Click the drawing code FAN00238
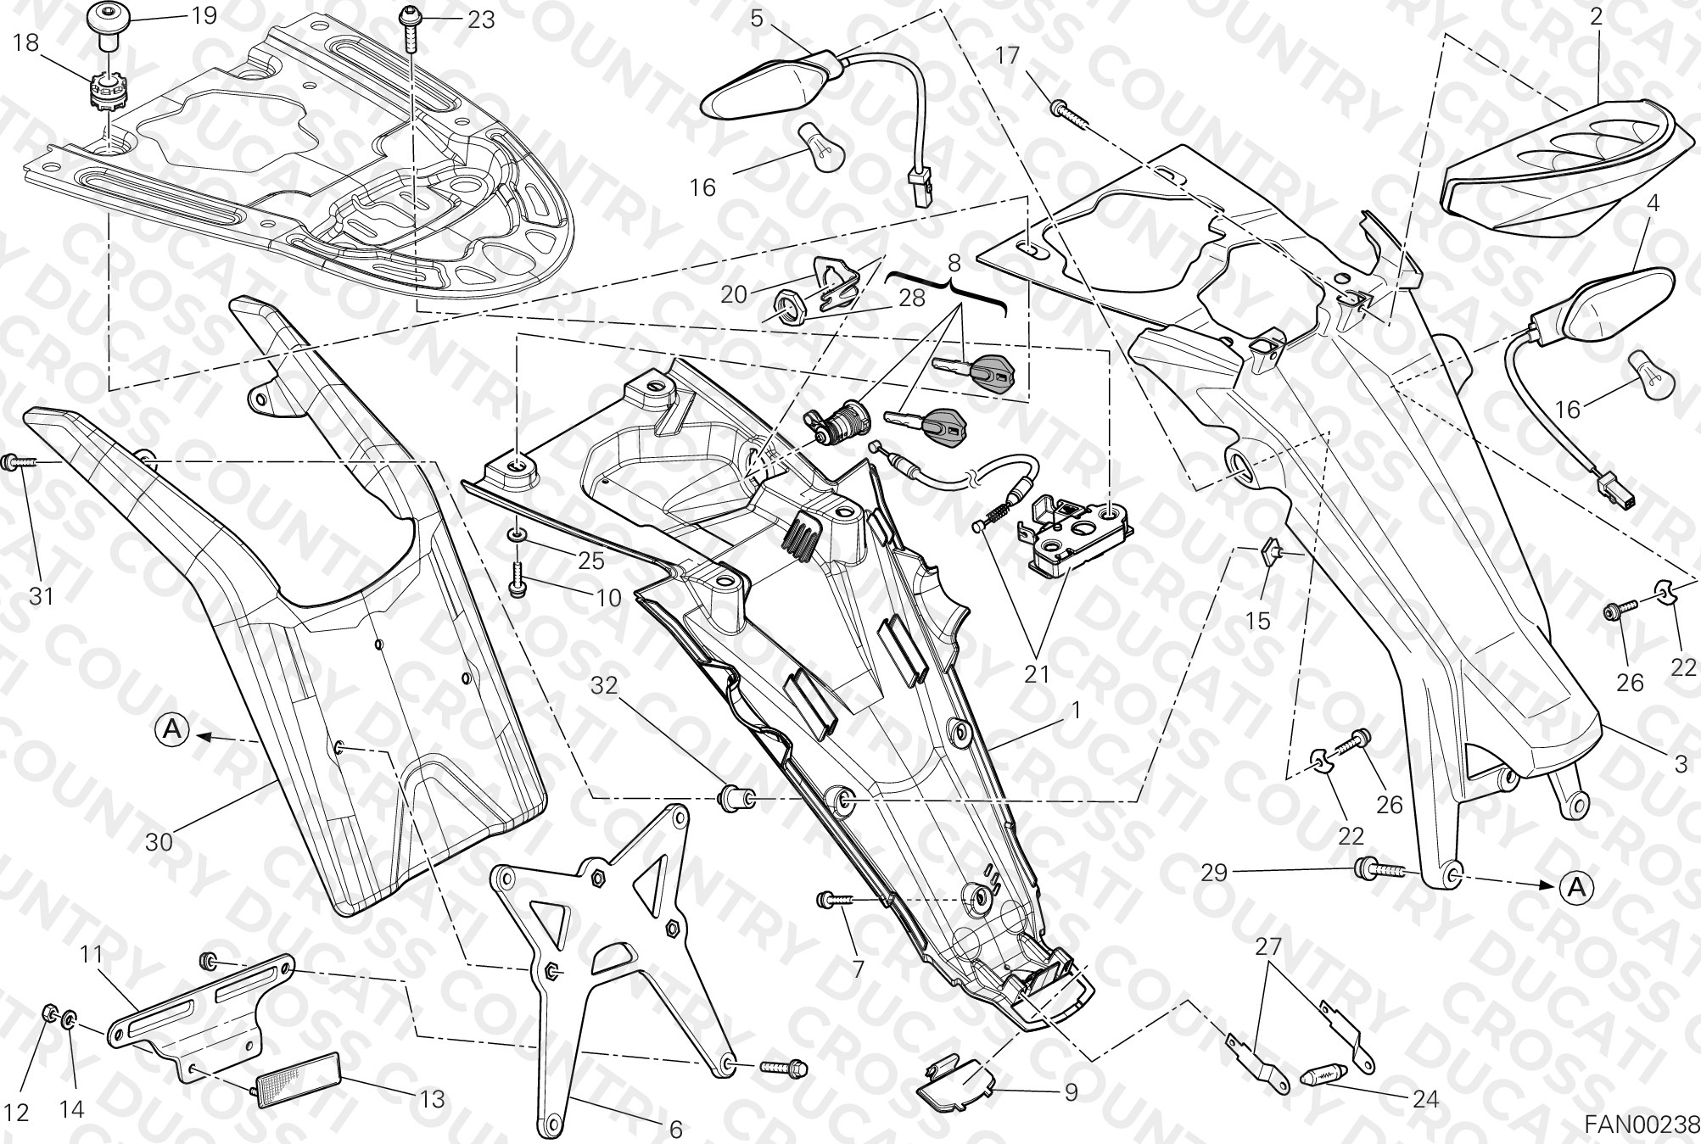pos(1642,1124)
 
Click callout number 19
pos(204,15)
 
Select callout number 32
pos(604,685)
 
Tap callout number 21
pos(1037,675)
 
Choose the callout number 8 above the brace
pos(954,263)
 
